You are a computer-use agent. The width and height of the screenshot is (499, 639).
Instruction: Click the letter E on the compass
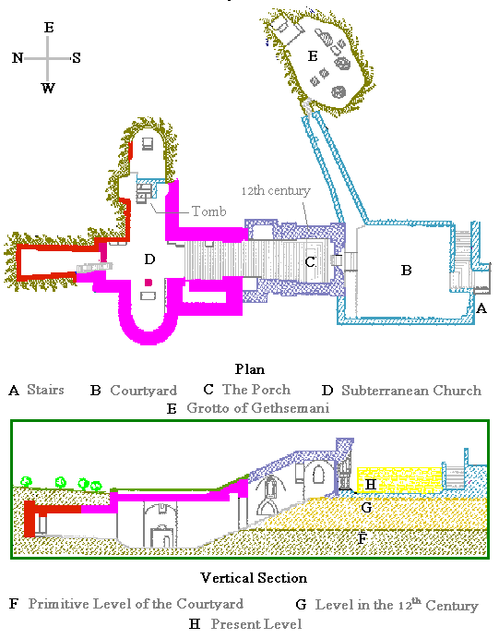click(49, 28)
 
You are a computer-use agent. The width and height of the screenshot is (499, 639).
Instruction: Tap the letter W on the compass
click(48, 88)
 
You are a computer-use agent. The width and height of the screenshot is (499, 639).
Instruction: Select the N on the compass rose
click(18, 58)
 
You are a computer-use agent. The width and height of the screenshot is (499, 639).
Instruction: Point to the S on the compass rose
click(77, 58)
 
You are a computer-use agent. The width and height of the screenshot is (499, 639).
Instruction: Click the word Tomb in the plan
click(208, 211)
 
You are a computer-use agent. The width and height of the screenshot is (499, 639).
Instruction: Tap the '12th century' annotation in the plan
click(276, 190)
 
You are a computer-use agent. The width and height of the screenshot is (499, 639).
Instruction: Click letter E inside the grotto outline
click(313, 55)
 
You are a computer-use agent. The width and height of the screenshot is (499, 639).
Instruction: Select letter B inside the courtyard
click(406, 271)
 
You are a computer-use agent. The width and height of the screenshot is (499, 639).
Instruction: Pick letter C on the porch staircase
click(310, 261)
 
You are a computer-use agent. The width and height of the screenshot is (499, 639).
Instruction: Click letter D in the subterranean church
click(149, 259)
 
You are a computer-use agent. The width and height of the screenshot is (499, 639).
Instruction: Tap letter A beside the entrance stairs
click(481, 308)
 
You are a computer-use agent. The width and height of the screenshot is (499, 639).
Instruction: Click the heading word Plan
click(249, 368)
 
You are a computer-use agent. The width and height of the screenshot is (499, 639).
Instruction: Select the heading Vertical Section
click(254, 578)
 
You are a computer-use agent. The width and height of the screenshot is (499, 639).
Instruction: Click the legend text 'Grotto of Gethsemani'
click(258, 407)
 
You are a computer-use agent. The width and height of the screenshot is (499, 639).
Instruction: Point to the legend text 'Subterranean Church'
click(411, 390)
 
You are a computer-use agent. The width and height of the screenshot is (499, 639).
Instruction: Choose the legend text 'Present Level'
click(256, 624)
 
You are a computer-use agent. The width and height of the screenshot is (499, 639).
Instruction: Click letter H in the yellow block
click(371, 484)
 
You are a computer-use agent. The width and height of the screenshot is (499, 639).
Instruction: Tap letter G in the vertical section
click(366, 507)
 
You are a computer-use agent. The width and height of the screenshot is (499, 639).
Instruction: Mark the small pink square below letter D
click(149, 283)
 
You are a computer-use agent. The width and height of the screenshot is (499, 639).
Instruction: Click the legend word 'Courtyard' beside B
click(144, 390)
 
